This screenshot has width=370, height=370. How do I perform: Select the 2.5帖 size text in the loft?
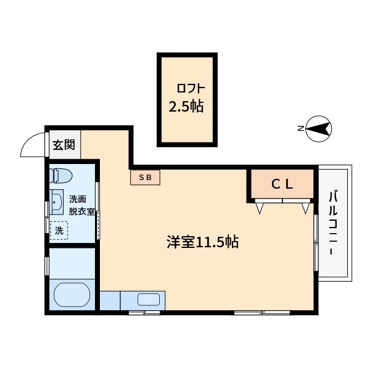click(186, 106)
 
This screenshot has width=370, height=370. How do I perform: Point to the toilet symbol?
click(62, 176)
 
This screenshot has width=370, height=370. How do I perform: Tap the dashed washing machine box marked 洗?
click(59, 231)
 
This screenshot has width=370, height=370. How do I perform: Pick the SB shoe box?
click(146, 178)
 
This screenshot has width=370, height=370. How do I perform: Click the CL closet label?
click(282, 183)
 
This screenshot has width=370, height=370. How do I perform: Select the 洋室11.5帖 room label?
click(202, 242)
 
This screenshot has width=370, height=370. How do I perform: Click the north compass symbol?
click(319, 129)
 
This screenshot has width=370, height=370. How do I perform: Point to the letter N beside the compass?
click(300, 129)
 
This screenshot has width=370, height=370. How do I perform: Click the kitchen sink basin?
click(148, 300)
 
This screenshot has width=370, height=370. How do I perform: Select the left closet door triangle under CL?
click(260, 208)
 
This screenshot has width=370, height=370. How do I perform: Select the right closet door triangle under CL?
click(305, 208)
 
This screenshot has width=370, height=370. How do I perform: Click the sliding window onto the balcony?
click(316, 244)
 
